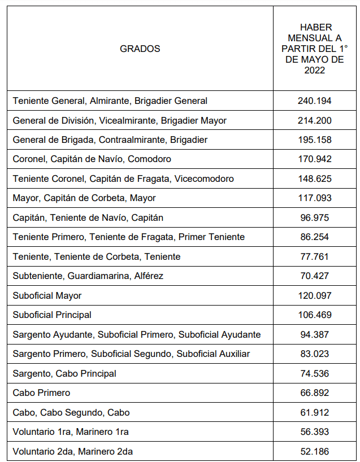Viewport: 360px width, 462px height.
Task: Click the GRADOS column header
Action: pyautogui.click(x=140, y=49)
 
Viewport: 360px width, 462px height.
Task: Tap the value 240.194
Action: pyautogui.click(x=314, y=101)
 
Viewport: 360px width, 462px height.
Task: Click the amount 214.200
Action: pyautogui.click(x=314, y=120)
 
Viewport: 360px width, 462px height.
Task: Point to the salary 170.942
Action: pyautogui.click(x=314, y=159)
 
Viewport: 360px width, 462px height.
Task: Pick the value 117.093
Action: pyautogui.click(x=314, y=198)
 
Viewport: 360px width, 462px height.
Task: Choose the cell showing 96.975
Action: pyautogui.click(x=314, y=217)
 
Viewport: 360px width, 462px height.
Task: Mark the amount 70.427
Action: pyautogui.click(x=314, y=276)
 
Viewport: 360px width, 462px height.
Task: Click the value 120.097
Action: pyautogui.click(x=314, y=295)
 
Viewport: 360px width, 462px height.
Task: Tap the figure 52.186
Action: pyautogui.click(x=314, y=451)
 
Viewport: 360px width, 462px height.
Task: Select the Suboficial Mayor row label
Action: pyautogui.click(x=47, y=295)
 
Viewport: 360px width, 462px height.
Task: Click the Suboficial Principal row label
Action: pyautogui.click(x=52, y=315)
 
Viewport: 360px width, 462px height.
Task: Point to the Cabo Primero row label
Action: pyautogui.click(x=41, y=393)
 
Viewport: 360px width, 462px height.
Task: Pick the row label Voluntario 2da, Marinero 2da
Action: pyautogui.click(x=73, y=451)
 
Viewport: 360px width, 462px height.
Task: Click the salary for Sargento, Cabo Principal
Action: pyautogui.click(x=314, y=373)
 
